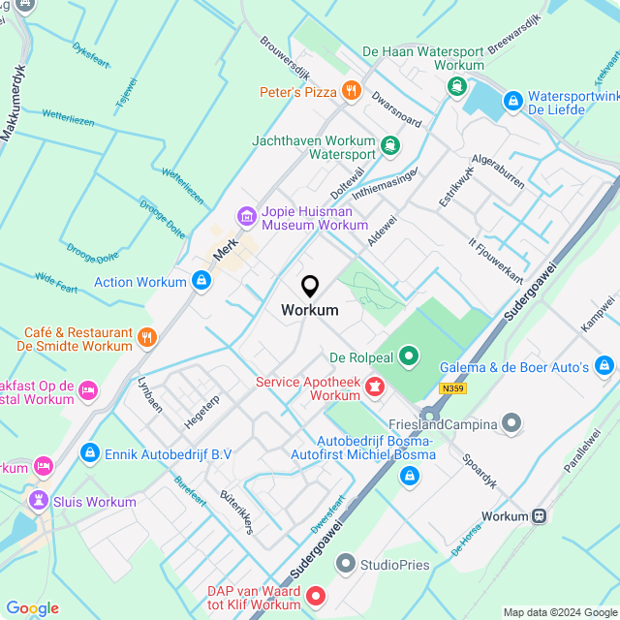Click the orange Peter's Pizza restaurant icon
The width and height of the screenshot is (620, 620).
pos(351,92)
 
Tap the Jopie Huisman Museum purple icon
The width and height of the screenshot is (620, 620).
pos(247,216)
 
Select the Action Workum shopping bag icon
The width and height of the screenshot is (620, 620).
pos(201,282)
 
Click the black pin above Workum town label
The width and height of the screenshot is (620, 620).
pos(310,286)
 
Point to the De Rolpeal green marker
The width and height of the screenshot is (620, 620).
pos(409,357)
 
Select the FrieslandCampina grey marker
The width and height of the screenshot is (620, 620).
pos(511,423)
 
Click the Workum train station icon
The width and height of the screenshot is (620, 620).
pos(539,516)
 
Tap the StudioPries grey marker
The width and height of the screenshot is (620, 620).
pos(345,564)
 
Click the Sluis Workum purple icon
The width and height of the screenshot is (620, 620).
pos(38,501)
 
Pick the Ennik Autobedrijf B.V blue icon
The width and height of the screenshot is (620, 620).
pos(89,452)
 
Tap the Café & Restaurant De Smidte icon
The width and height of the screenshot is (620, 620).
pos(147,337)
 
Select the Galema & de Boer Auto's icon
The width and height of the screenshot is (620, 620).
pos(604,366)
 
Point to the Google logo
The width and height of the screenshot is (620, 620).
pos(32,607)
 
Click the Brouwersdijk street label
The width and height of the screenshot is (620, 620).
pos(284,58)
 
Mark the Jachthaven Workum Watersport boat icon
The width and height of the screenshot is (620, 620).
pos(389,146)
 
